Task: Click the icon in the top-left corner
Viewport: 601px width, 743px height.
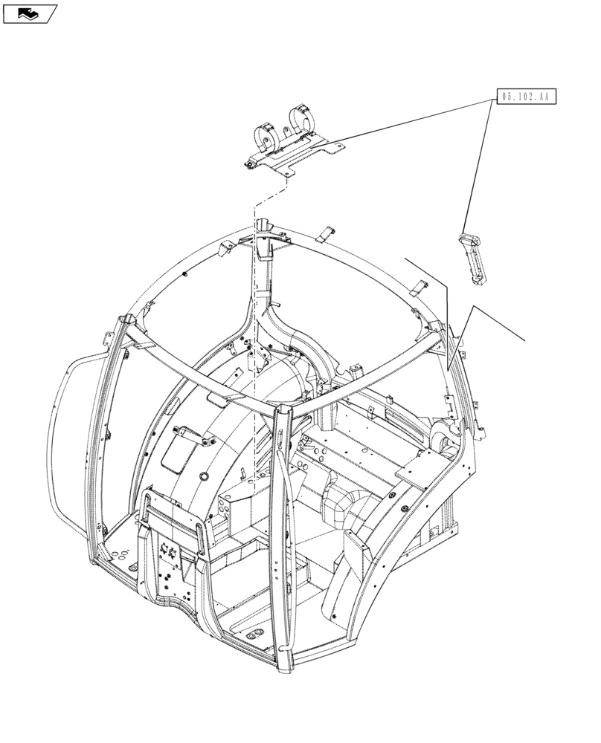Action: [x=29, y=13]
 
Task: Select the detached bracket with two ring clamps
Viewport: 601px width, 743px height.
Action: [x=289, y=146]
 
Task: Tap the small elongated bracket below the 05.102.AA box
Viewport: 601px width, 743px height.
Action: [x=472, y=257]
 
